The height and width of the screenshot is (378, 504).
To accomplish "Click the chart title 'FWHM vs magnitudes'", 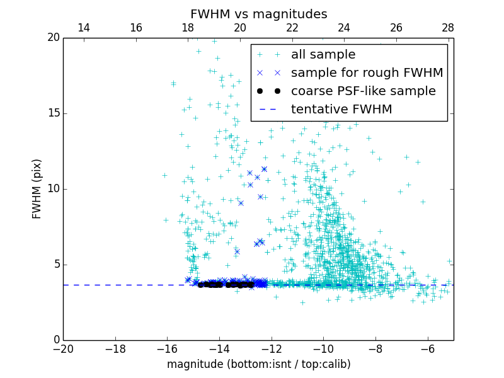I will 258,14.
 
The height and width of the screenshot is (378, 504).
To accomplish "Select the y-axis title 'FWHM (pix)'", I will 37,188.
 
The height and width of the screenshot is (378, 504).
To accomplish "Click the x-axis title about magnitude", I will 258,364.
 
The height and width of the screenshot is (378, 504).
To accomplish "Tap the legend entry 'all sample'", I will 323,55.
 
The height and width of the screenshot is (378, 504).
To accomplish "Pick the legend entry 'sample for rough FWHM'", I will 367,73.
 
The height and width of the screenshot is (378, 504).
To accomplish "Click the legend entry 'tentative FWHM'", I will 341,110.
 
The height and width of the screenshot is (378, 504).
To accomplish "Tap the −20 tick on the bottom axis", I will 63,348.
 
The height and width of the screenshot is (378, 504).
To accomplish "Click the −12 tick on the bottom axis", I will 272,348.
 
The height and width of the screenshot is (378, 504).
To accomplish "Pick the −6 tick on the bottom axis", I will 428,348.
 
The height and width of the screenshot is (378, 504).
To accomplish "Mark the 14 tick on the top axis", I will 83,28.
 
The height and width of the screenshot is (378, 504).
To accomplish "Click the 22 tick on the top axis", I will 292,28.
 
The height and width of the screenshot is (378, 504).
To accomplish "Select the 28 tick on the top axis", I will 448,28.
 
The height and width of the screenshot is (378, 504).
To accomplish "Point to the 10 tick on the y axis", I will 52,189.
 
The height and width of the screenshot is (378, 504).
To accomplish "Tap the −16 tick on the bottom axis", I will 167,348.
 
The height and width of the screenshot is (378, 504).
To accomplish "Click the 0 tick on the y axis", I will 55,340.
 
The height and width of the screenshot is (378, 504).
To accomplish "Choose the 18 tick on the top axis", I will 188,28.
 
